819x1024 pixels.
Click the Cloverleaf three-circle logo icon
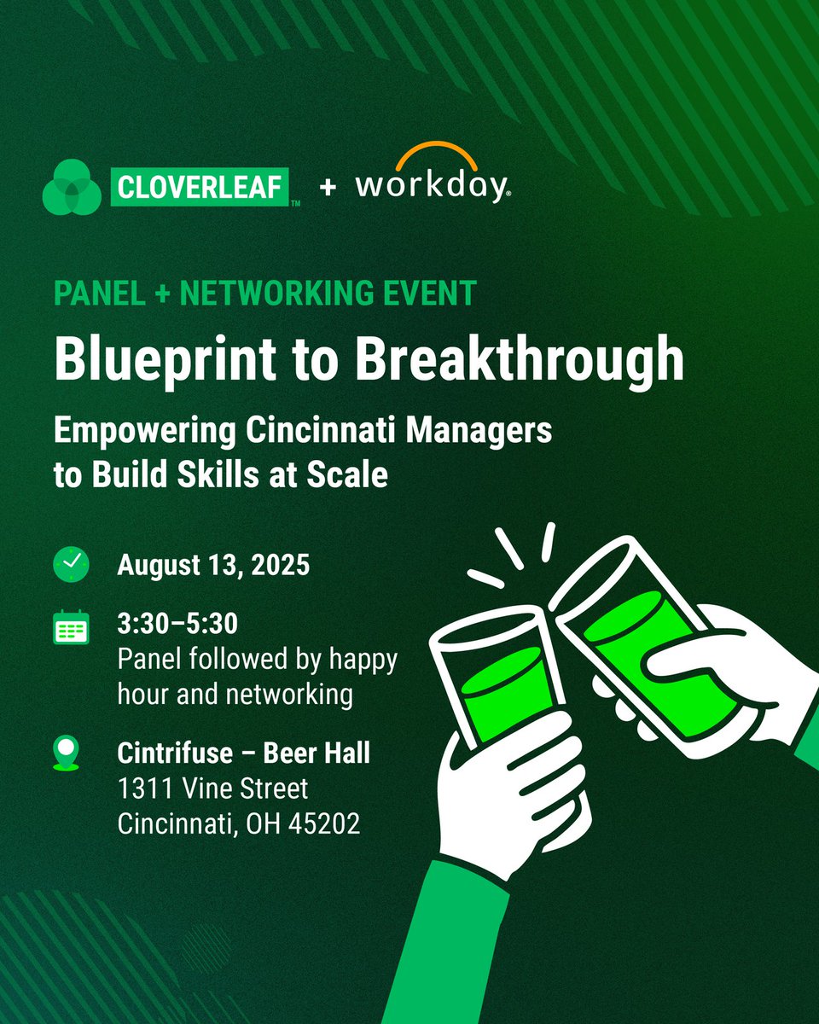click(72, 186)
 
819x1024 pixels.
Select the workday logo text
click(432, 186)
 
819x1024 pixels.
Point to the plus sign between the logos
click(328, 187)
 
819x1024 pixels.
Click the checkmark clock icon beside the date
click(72, 565)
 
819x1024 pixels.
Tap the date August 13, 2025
click(213, 565)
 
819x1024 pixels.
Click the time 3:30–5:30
click(177, 625)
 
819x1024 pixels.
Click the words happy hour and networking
click(256, 678)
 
